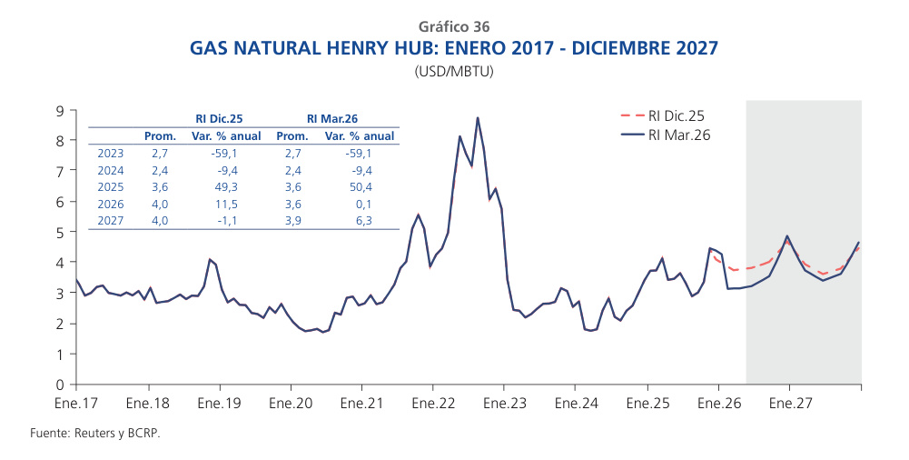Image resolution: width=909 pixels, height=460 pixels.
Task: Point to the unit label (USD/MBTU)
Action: point(454,70)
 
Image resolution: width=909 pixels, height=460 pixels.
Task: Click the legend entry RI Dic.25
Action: point(676,115)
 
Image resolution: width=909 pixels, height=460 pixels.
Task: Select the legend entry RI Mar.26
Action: point(678,135)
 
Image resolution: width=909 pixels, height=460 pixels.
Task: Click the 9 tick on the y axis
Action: point(60,110)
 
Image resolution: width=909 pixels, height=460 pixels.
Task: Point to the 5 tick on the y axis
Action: point(60,232)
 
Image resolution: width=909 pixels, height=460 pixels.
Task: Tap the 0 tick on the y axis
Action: point(60,385)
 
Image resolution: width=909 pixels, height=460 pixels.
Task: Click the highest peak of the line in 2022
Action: point(478,118)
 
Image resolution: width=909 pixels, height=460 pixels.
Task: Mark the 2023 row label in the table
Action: point(110,153)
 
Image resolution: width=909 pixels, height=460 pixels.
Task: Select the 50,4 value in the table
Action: point(360,186)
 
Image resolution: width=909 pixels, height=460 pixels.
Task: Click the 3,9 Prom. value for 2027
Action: point(292,220)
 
